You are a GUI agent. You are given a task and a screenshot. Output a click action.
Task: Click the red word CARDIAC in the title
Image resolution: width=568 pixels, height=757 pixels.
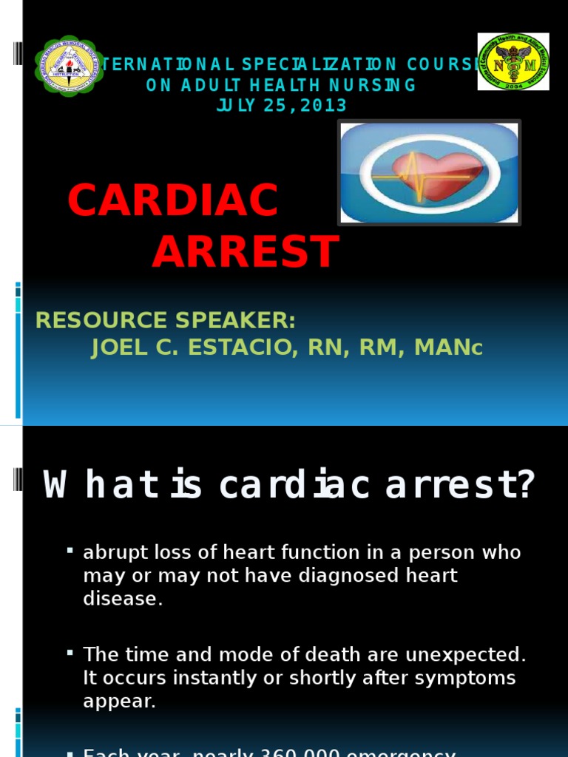(x=173, y=200)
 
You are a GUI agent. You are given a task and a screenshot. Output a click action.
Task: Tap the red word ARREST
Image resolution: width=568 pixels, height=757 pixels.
(x=246, y=251)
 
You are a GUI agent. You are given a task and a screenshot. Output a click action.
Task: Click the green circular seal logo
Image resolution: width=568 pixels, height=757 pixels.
(x=69, y=66)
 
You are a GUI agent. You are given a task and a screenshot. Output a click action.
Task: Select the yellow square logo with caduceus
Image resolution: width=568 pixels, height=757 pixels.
(x=513, y=61)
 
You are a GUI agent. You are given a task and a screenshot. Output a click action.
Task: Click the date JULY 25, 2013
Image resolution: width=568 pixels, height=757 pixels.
(x=281, y=106)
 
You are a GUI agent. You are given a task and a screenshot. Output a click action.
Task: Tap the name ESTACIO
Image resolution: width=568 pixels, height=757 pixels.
(x=233, y=347)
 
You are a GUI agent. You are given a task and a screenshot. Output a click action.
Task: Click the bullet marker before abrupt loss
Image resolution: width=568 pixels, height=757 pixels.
(x=70, y=551)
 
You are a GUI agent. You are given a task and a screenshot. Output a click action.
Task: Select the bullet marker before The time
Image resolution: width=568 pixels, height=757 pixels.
(x=70, y=653)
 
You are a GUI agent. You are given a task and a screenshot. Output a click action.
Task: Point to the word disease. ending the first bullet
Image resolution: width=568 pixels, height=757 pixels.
(x=122, y=599)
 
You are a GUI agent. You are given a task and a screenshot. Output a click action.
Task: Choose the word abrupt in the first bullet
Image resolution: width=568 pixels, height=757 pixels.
(x=112, y=553)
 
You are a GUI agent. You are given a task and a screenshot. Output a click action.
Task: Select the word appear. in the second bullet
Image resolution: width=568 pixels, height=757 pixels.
(x=119, y=702)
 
